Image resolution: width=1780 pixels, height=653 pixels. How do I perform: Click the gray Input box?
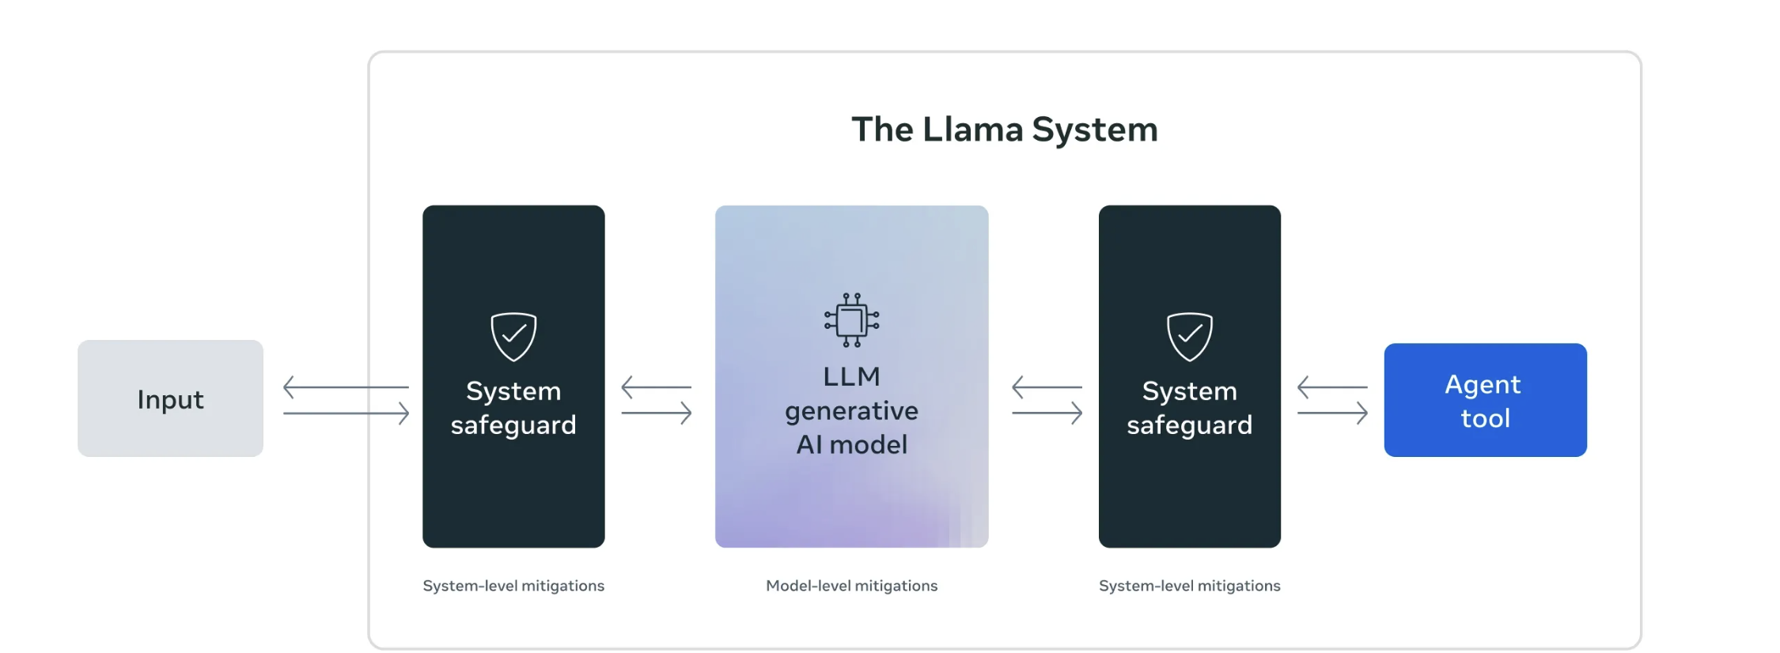[x=170, y=398]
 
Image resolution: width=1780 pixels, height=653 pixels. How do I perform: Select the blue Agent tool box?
[x=1485, y=400]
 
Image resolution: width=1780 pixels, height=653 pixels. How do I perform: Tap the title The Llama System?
[x=1004, y=130]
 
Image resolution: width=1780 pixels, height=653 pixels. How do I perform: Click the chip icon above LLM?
[x=851, y=320]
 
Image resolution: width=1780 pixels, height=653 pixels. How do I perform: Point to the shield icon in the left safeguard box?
[x=513, y=336]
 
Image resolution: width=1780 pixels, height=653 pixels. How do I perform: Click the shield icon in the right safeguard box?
[x=1189, y=336]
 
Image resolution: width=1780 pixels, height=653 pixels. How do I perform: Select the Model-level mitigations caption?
[x=851, y=586]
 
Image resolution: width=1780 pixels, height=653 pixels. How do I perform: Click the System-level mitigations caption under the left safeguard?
[x=513, y=586]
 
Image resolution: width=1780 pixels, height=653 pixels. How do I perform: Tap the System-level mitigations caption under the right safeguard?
[x=1189, y=586]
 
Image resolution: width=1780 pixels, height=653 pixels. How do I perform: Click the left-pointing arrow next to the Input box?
[x=346, y=387]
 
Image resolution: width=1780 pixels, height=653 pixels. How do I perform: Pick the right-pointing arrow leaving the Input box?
[x=346, y=413]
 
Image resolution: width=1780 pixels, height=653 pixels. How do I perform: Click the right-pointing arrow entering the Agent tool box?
[x=1332, y=413]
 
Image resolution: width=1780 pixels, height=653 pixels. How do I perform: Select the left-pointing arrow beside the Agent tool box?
[x=1332, y=387]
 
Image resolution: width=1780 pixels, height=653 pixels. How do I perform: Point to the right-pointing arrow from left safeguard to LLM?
[x=656, y=413]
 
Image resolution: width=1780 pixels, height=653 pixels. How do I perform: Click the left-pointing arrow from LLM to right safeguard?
[x=1047, y=387]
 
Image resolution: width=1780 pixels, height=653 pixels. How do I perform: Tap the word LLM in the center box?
[x=851, y=376]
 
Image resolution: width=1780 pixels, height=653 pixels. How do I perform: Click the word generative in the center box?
[x=851, y=411]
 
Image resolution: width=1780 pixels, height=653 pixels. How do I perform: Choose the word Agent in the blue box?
[x=1483, y=384]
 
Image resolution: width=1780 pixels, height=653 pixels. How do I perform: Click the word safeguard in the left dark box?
[x=513, y=425]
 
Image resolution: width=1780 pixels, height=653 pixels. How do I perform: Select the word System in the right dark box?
[x=1189, y=391]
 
